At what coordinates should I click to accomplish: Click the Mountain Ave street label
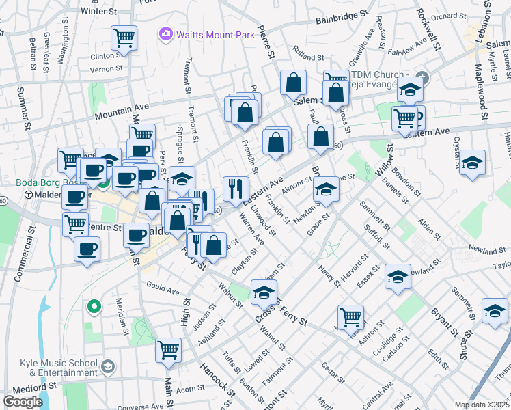click(x=122, y=109)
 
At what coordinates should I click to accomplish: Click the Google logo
click(x=23, y=402)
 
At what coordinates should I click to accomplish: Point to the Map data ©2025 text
click(x=482, y=405)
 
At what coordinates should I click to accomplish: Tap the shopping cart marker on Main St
click(x=168, y=351)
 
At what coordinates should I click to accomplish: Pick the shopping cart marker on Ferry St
click(x=350, y=317)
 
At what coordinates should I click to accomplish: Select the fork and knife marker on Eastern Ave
click(x=236, y=188)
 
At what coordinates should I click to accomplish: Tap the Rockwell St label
click(x=428, y=25)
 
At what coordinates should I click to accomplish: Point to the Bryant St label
click(x=443, y=320)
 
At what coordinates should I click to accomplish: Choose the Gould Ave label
click(x=162, y=290)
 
